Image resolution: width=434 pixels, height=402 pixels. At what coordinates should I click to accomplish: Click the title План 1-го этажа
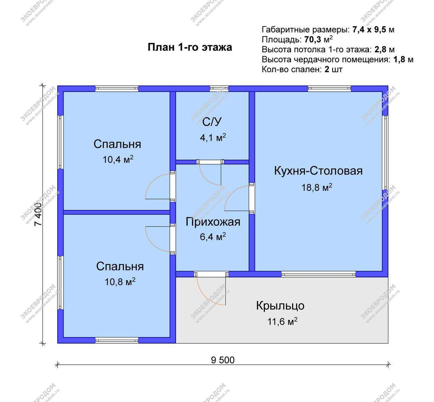point(190,47)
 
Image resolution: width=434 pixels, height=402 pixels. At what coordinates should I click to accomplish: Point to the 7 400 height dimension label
point(38,214)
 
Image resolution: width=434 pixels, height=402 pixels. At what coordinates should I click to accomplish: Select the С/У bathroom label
point(212,122)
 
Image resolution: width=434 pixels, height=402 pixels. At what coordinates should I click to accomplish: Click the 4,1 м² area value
point(213,137)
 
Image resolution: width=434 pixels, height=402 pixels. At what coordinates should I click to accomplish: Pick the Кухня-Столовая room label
point(318,171)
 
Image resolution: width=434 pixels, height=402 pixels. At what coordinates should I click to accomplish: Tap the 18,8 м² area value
point(317,187)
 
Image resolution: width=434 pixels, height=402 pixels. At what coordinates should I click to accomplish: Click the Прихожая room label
point(213,222)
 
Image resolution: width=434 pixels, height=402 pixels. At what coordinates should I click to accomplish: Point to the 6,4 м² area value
point(213,237)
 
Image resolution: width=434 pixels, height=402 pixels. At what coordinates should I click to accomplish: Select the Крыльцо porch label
point(280,306)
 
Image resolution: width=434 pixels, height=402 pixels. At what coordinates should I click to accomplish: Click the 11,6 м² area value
point(282,322)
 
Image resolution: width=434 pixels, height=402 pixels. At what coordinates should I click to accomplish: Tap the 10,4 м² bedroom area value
point(118,160)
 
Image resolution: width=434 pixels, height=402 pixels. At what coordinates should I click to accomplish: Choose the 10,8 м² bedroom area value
point(120,282)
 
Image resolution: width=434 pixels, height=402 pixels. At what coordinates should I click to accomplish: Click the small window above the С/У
point(219,89)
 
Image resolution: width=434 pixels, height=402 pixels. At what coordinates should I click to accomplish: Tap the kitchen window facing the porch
point(318,274)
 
